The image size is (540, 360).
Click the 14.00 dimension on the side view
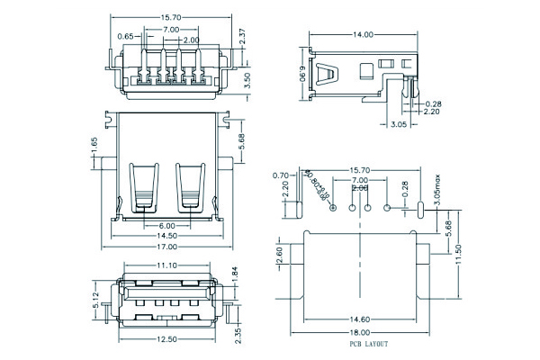coord(363,35)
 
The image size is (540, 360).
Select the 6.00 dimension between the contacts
coord(167,225)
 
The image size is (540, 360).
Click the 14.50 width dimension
coord(167,235)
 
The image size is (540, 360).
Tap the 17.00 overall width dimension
coord(167,247)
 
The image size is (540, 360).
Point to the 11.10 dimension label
coord(166,265)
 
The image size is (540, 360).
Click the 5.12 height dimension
coord(96,298)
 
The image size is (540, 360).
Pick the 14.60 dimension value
coord(359,319)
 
